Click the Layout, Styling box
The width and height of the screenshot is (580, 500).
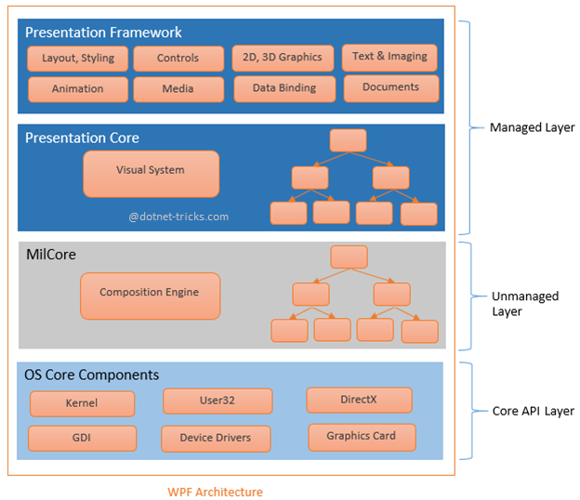click(x=78, y=58)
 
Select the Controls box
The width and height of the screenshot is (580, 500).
click(x=178, y=59)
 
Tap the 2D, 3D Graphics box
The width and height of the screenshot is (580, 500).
click(x=283, y=58)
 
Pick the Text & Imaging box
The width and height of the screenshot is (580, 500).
click(x=389, y=57)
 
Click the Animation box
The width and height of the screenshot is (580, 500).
click(x=78, y=89)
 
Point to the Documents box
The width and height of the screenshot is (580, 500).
click(x=390, y=88)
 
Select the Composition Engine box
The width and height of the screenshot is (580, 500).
click(x=150, y=294)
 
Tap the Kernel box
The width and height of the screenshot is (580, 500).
click(x=82, y=403)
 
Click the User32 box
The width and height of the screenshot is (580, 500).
click(x=217, y=401)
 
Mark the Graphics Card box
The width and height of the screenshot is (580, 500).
click(x=361, y=436)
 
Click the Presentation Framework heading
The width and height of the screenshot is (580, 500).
click(x=103, y=33)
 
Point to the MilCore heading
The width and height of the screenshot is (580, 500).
click(x=50, y=254)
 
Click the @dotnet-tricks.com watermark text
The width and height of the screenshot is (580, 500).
click(x=178, y=217)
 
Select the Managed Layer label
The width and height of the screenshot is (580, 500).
click(x=532, y=127)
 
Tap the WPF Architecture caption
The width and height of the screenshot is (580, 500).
click(x=215, y=492)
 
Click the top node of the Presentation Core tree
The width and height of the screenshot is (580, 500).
click(x=348, y=140)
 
